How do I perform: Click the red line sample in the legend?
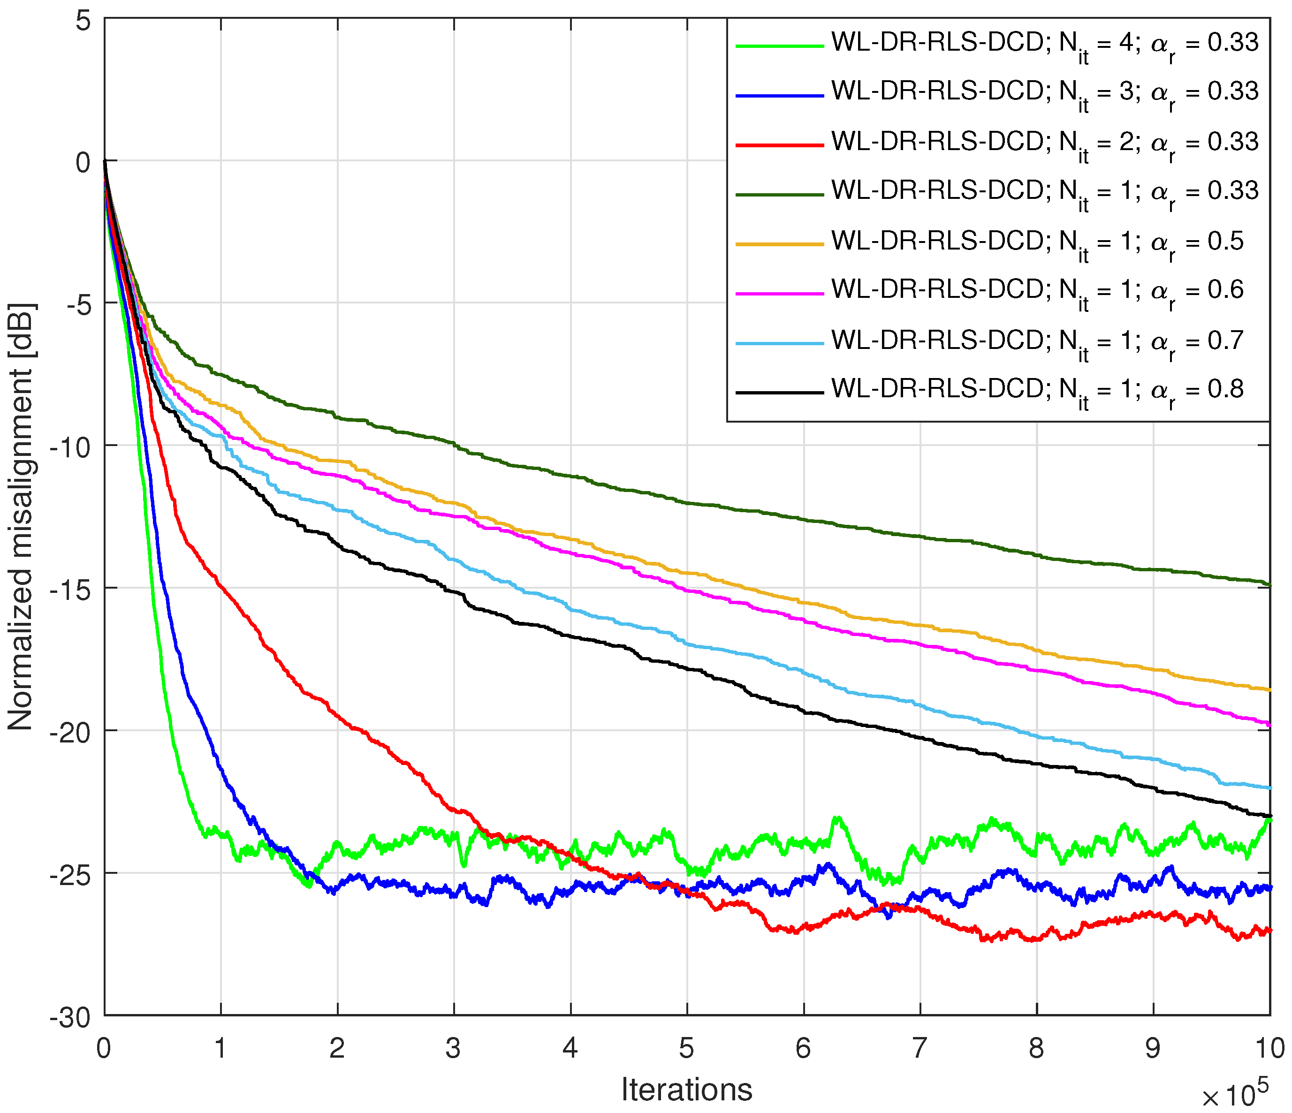[x=779, y=144]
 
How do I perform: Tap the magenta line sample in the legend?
[x=779, y=293]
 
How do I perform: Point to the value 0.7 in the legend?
[x=1225, y=341]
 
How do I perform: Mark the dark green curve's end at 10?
[x=1268, y=585]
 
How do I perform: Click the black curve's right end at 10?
[x=1268, y=816]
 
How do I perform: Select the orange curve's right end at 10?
[x=1268, y=689]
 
